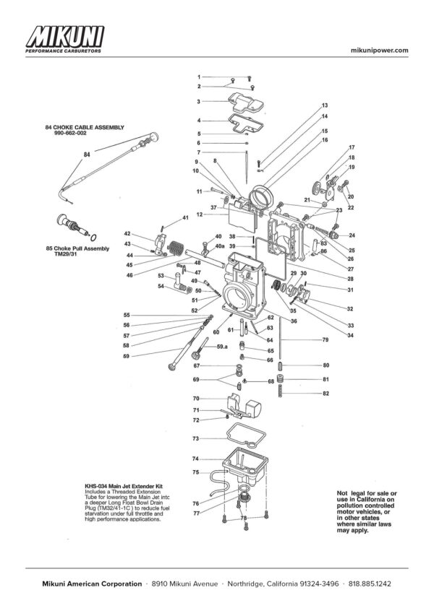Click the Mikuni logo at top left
[x=64, y=40]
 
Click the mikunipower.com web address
[x=379, y=50]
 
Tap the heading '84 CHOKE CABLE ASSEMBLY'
[x=85, y=127]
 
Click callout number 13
[x=325, y=105]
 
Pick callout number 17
[x=352, y=147]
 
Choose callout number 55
[x=127, y=315]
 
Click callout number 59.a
[x=222, y=348]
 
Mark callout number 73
[x=195, y=438]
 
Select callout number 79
[x=325, y=339]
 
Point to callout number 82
[x=325, y=393]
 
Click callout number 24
[x=352, y=235]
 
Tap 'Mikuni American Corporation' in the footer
[x=91, y=584]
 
